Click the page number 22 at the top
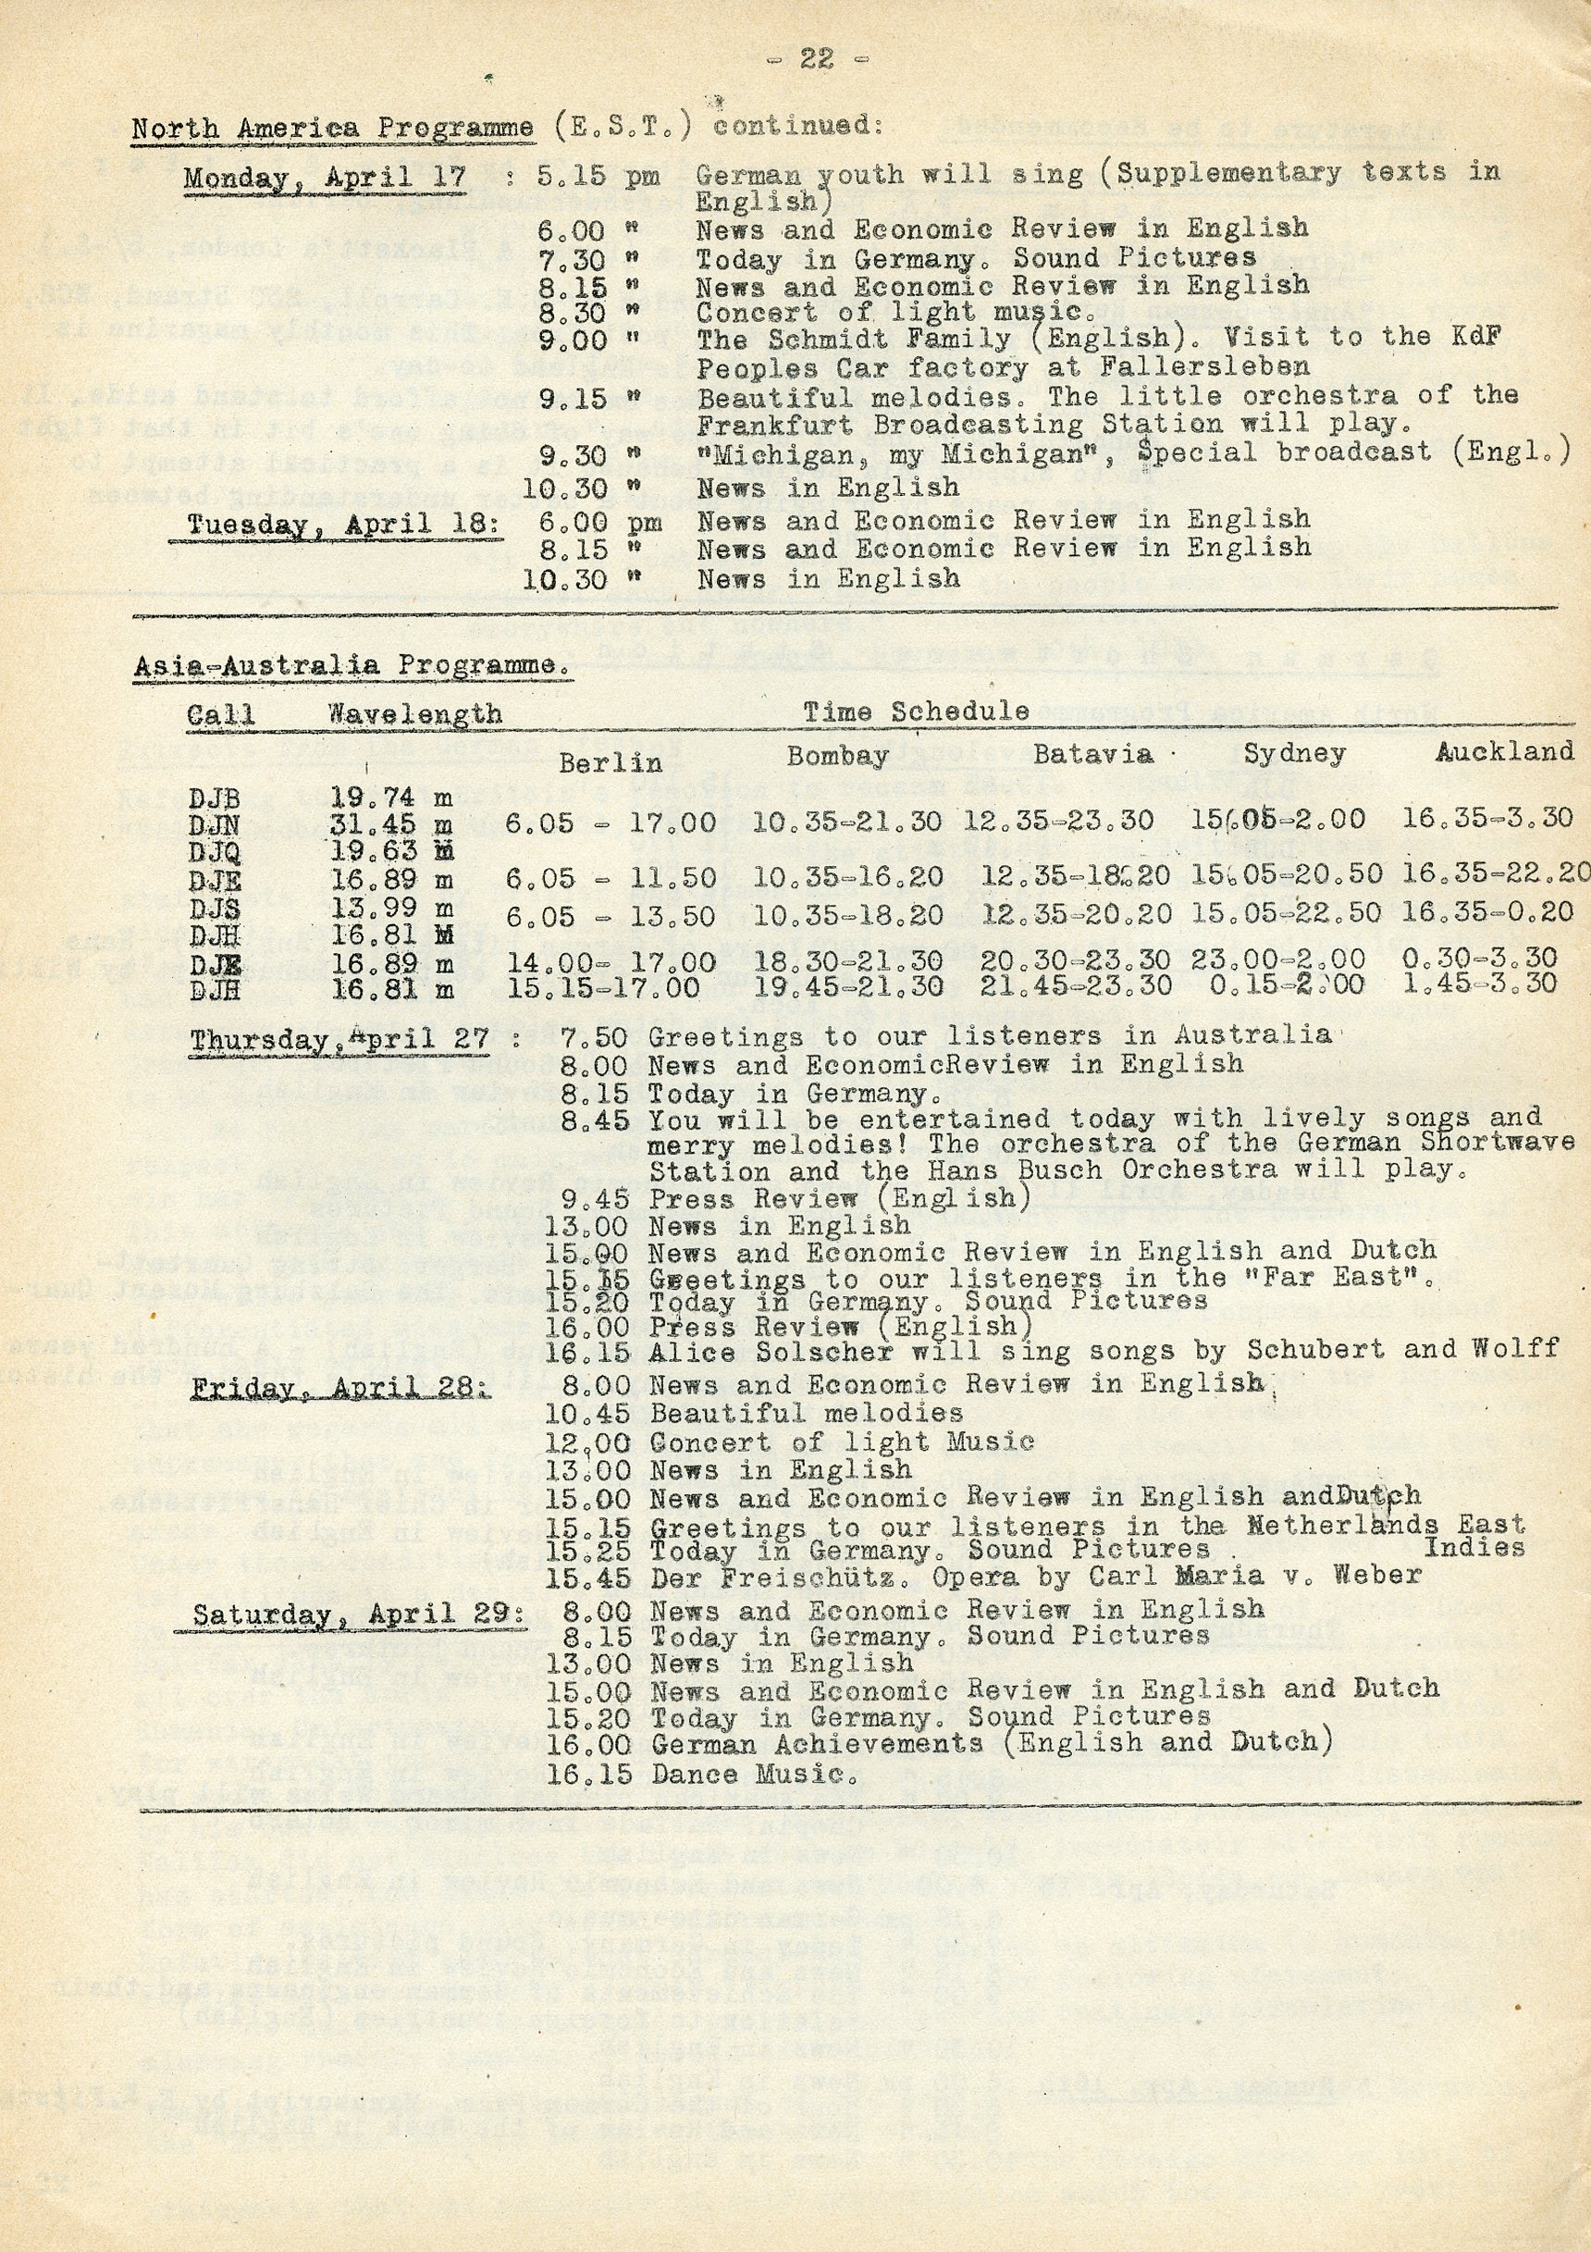tap(815, 60)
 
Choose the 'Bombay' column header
tap(838, 755)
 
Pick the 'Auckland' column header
tap(1505, 752)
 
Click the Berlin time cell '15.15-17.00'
tap(602, 986)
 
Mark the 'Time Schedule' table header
tap(916, 711)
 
